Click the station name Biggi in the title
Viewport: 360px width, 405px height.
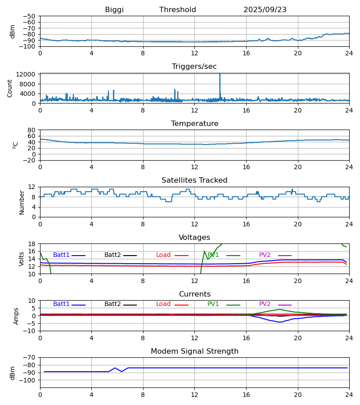click(x=114, y=10)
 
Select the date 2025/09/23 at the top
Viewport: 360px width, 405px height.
click(x=265, y=10)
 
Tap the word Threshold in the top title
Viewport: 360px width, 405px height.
click(x=178, y=10)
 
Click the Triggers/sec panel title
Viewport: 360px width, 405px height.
click(x=194, y=67)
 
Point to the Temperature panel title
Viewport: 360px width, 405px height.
click(x=194, y=124)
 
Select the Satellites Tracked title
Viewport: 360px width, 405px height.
click(x=194, y=180)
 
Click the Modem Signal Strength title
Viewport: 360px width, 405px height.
click(x=194, y=351)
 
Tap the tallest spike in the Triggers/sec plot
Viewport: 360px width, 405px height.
click(x=220, y=75)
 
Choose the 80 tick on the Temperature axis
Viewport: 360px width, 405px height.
click(x=31, y=130)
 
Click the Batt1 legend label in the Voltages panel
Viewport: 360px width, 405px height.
click(x=61, y=255)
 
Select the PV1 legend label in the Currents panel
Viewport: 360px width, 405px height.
click(x=213, y=304)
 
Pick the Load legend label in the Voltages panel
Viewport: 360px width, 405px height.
click(x=163, y=255)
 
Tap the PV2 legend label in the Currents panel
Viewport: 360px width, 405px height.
click(x=265, y=304)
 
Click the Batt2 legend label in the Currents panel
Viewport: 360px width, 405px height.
click(x=112, y=304)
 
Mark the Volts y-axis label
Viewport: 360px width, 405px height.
click(x=22, y=259)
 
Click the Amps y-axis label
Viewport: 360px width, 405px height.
click(x=16, y=316)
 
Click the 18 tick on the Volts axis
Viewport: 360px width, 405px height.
click(x=31, y=244)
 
